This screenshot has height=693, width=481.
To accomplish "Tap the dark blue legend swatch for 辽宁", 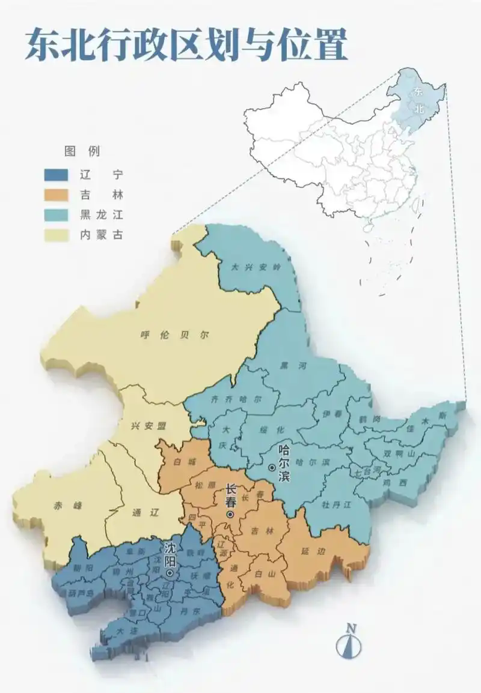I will (x=58, y=175).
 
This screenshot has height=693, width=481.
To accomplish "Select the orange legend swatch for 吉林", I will (x=58, y=195).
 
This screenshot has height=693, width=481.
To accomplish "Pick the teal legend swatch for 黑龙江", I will (x=58, y=215).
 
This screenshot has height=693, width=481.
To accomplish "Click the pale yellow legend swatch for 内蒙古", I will (x=58, y=235).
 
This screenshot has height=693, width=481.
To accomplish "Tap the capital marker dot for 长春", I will (x=230, y=515).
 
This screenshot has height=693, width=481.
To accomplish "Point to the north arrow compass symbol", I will (x=351, y=643).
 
